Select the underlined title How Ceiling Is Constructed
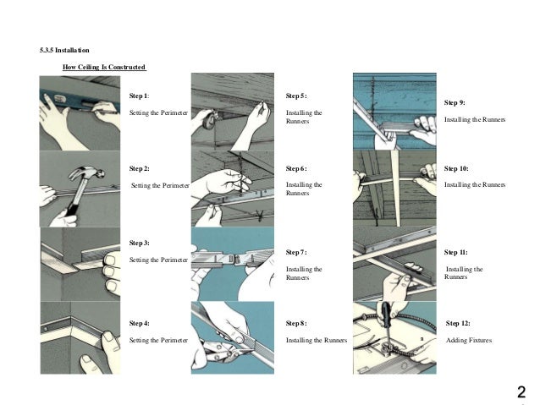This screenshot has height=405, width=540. click(x=105, y=67)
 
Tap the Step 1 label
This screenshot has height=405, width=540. click(x=140, y=96)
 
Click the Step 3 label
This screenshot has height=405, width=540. click(x=140, y=243)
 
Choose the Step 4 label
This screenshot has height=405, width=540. click(x=140, y=324)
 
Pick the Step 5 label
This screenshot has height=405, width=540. click(x=297, y=96)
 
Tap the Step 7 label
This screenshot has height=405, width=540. click(x=297, y=252)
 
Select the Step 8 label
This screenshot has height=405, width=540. click(x=297, y=324)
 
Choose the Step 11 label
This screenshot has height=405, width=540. click(x=456, y=252)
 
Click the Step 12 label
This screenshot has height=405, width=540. click(x=458, y=324)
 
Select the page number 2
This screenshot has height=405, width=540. click(x=521, y=391)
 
